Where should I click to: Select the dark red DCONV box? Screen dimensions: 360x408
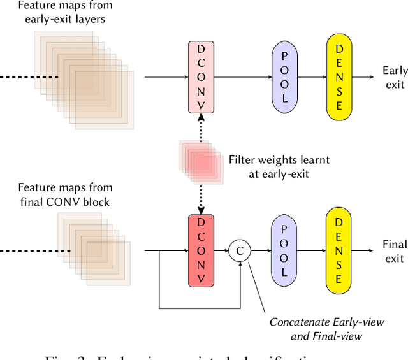point(201,251)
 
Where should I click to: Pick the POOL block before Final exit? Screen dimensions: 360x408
point(284,251)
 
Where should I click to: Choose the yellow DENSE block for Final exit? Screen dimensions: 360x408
point(339,251)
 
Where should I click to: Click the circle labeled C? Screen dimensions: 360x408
point(240,251)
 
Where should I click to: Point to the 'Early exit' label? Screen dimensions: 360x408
point(394,77)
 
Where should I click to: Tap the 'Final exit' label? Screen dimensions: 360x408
point(394,251)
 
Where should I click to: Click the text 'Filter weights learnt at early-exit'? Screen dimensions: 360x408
point(268,166)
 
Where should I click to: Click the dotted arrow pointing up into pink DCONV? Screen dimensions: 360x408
point(201,127)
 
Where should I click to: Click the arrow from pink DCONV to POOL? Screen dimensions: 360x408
point(242,78)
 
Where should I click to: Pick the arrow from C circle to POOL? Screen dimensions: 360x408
point(261,251)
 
